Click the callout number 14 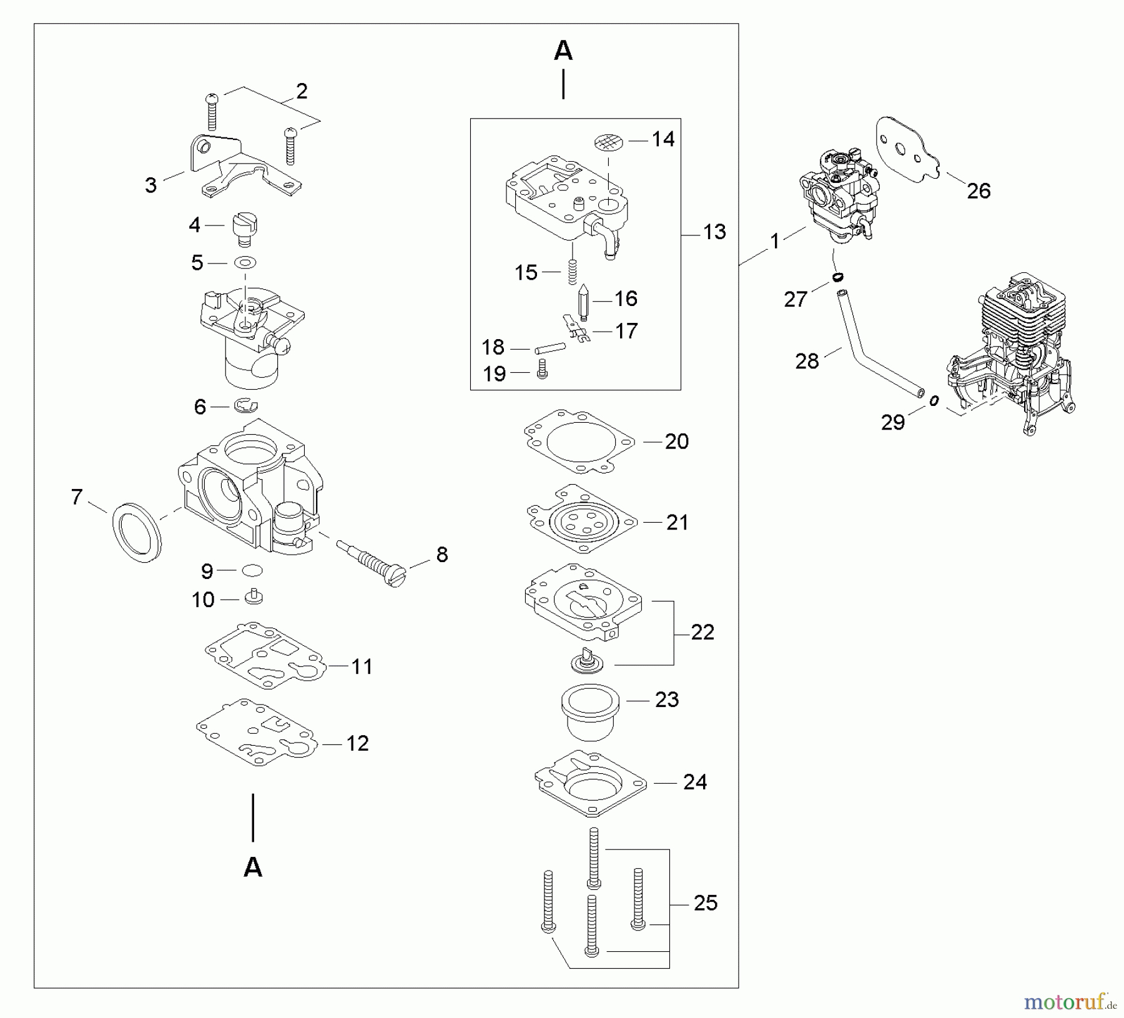(x=663, y=139)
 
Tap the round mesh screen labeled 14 (x=609, y=142)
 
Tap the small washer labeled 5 (x=245, y=262)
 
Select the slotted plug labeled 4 (x=245, y=229)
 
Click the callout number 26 (x=978, y=191)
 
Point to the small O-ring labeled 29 (x=934, y=402)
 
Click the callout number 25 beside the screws (x=705, y=902)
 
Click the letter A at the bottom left (x=253, y=867)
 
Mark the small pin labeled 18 (x=550, y=347)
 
